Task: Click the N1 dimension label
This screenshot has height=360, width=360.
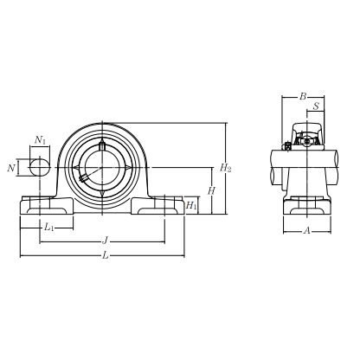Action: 40,139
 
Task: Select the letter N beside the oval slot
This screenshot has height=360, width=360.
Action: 11,167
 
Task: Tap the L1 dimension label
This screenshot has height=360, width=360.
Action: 49,228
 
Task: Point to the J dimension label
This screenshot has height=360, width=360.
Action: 105,240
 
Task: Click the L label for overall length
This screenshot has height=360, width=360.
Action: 106,254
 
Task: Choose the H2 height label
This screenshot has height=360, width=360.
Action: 226,167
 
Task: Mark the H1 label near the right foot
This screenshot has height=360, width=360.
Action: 192,205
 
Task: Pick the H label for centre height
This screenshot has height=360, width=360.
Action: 210,190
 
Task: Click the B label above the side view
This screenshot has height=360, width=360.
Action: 303,97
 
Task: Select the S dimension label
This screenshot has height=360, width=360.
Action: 316,107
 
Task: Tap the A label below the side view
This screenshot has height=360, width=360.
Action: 307,230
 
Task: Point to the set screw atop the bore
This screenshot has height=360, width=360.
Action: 101,145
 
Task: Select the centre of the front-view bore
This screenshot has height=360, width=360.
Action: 102,166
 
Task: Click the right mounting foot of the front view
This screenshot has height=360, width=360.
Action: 158,207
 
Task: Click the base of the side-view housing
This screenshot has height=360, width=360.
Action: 307,209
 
